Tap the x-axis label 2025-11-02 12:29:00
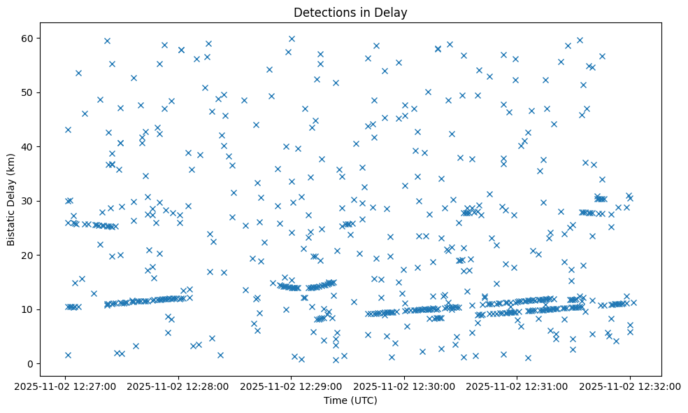291,385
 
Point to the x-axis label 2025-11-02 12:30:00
404,385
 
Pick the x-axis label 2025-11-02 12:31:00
517,385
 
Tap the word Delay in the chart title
393,12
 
